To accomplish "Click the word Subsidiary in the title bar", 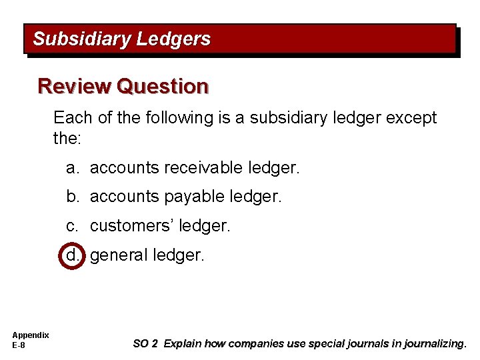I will pyautogui.click(x=81, y=39).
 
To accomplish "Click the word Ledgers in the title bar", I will pyautogui.click(x=173, y=39).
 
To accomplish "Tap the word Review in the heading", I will pyautogui.click(x=74, y=87).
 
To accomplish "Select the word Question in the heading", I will pyautogui.click(x=162, y=87).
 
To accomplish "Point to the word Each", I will pyautogui.click(x=72, y=118).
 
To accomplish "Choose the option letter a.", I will pyautogui.click(x=72, y=168).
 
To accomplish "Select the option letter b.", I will pyautogui.click(x=72, y=197).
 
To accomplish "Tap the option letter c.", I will pyautogui.click(x=72, y=226).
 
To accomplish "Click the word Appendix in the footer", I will pyautogui.click(x=30, y=335).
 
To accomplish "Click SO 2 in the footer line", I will pyautogui.click(x=145, y=344).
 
